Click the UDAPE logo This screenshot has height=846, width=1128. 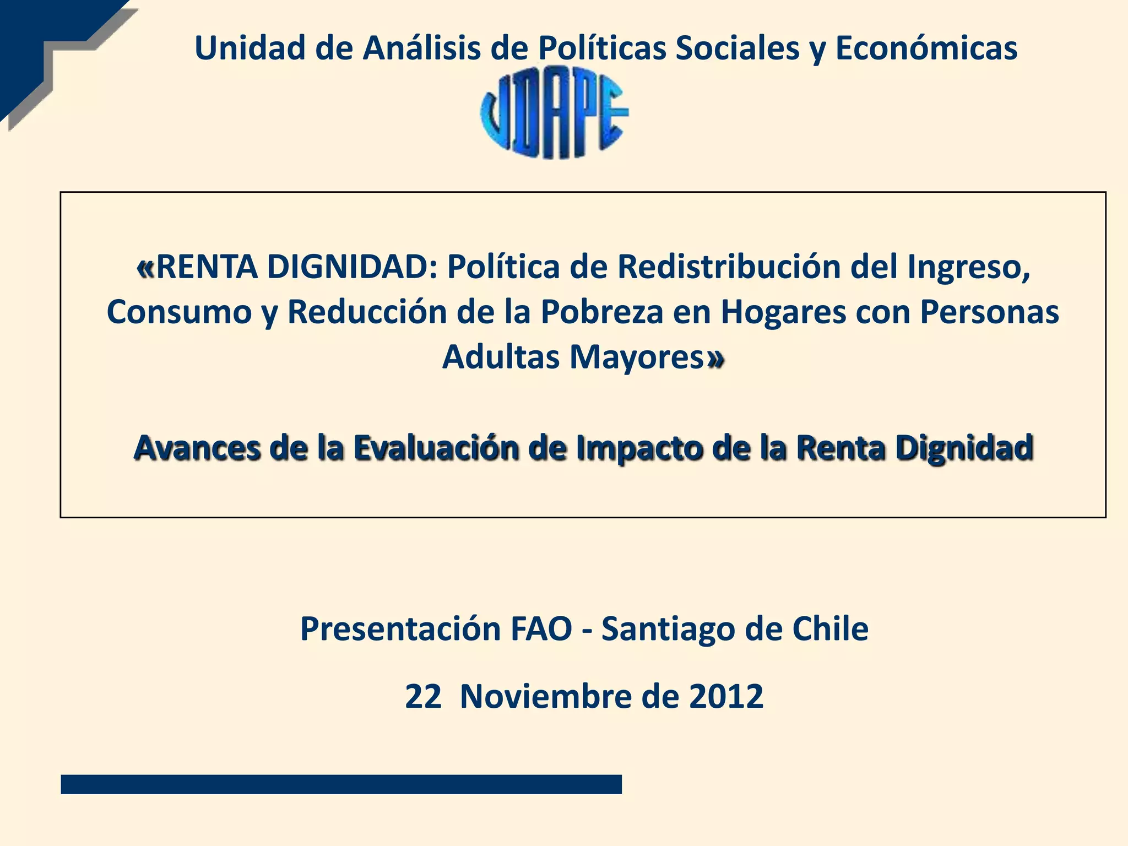tap(554, 113)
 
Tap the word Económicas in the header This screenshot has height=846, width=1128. tap(926, 48)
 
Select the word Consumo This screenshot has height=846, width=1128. tap(179, 312)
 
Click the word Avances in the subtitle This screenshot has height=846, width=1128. tap(197, 447)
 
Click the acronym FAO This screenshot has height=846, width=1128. tap(541, 628)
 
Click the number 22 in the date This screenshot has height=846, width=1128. tap(423, 696)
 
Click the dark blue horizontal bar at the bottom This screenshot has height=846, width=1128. tap(341, 784)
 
